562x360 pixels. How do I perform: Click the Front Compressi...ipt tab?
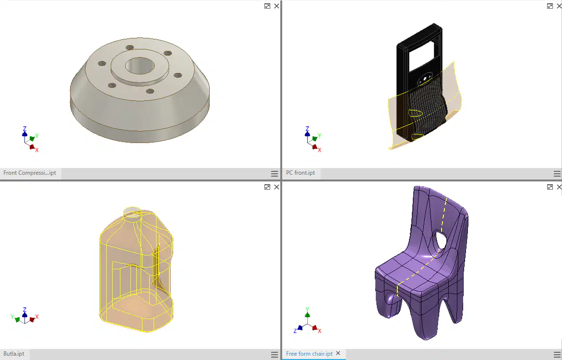(30, 173)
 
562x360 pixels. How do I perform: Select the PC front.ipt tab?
(300, 173)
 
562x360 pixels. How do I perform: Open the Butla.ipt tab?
(14, 354)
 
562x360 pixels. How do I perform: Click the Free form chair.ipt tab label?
(309, 354)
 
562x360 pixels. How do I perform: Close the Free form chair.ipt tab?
(338, 354)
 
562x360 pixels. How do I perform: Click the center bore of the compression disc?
(140, 66)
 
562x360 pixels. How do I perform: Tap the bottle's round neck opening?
(132, 212)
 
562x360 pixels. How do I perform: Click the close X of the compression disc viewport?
(277, 6)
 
